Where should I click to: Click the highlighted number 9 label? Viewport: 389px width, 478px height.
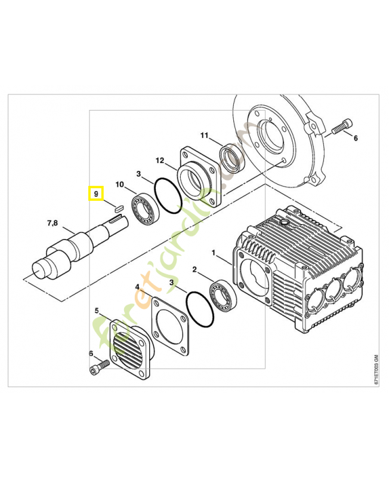95,194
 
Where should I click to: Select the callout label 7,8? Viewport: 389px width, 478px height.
53,223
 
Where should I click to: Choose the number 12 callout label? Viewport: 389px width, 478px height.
160,161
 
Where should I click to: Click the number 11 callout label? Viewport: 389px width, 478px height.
204,136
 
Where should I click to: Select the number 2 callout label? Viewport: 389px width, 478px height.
194,271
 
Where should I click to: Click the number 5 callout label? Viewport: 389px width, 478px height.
97,311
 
